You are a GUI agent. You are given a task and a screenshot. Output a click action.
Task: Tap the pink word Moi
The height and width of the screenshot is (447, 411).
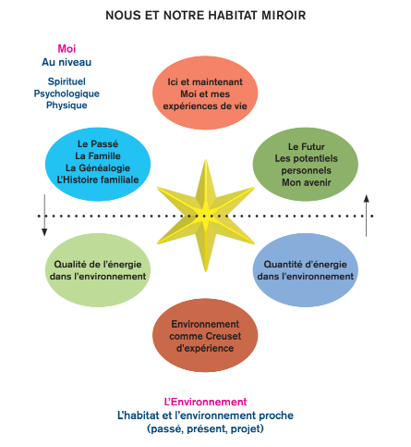66,49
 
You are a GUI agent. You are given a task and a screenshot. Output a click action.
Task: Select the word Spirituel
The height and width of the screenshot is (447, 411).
66,81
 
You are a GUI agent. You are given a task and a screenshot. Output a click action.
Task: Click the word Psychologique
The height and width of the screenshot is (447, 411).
66,93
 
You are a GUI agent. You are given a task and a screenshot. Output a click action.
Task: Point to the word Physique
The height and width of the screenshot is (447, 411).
66,106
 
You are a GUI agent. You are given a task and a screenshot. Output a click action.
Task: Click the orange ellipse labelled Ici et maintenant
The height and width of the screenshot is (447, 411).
205,93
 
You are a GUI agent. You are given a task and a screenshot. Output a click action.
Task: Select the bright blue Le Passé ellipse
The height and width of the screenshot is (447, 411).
98,164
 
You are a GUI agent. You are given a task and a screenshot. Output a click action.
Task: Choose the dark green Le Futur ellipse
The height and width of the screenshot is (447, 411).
306,164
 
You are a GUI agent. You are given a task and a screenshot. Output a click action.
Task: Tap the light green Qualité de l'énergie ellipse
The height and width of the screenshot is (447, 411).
98,270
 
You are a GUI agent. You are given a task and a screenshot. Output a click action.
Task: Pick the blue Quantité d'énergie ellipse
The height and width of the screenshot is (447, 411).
306,270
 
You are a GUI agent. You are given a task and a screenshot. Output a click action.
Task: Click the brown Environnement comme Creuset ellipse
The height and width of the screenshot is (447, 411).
205,335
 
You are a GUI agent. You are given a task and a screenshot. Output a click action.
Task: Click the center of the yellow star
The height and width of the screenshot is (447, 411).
205,216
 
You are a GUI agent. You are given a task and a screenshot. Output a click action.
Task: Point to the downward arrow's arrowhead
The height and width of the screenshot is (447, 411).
44,232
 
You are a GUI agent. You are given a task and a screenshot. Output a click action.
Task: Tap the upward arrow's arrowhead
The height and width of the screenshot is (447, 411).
367,198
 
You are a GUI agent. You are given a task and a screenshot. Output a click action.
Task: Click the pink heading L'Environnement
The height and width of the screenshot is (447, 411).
205,402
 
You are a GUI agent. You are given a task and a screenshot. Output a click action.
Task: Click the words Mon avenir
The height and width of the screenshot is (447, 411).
307,182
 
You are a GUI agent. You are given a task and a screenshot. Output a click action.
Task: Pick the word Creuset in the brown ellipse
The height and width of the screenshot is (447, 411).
224,336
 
